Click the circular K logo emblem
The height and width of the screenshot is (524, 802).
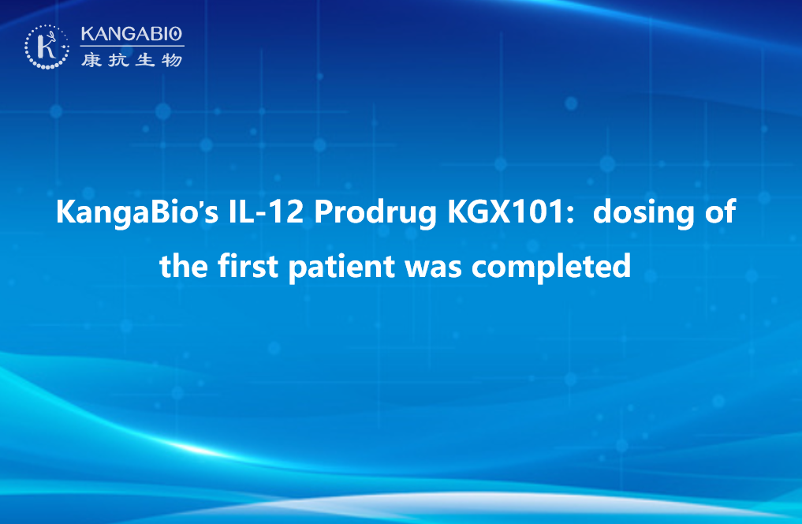47,47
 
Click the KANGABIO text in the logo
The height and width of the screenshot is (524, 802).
132,34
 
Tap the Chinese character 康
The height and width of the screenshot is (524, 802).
91,60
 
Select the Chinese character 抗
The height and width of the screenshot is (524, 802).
118,60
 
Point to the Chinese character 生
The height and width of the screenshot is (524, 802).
145,60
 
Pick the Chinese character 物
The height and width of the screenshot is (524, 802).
172,60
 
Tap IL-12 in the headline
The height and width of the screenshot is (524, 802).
266,211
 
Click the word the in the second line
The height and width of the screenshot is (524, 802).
184,266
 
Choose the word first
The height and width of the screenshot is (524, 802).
248,266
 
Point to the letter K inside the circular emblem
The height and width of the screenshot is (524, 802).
47,47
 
